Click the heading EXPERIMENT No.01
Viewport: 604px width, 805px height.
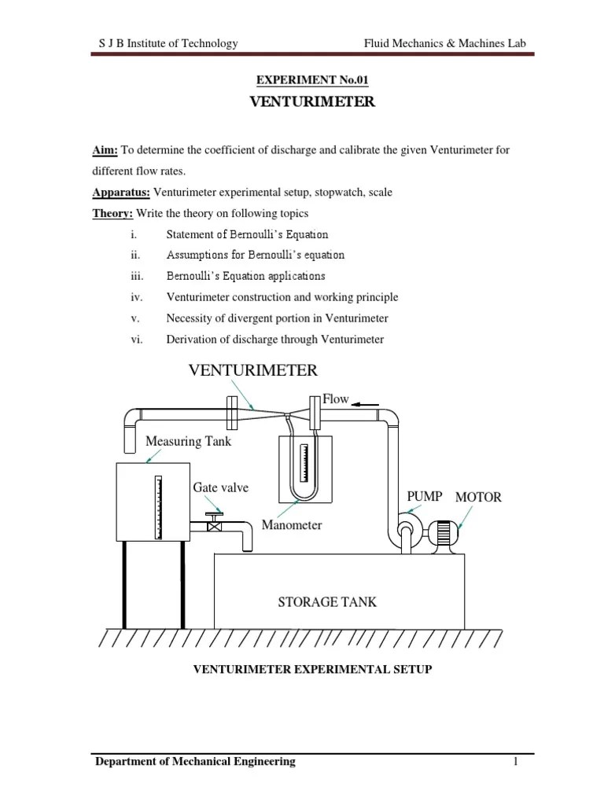pos(312,79)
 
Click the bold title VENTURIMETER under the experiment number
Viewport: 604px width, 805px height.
pos(312,102)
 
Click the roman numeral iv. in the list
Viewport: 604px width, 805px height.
pos(131,297)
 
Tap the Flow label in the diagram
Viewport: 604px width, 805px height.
pos(336,399)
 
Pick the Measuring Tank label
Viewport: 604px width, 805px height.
pos(189,441)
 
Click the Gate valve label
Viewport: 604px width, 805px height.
pos(220,487)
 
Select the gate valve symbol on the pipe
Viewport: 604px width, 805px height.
pos(213,525)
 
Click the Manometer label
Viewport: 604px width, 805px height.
pos(292,524)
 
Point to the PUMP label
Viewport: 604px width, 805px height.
pos(424,496)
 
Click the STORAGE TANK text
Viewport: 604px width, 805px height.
pos(327,602)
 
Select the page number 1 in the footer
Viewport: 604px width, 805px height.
pos(514,761)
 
